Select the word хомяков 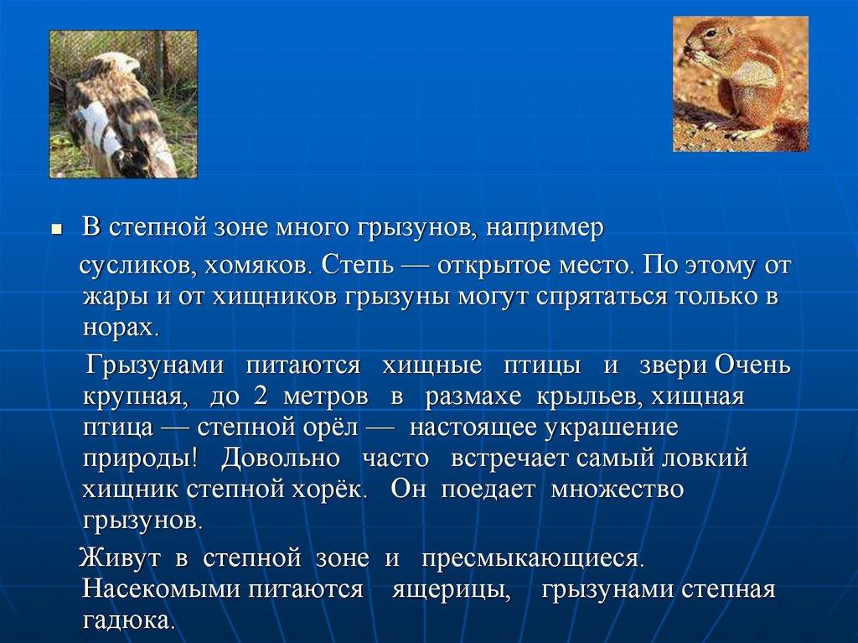pyautogui.click(x=257, y=266)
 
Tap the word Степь pyautogui.click(x=357, y=266)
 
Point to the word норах pyautogui.click(x=121, y=328)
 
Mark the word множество pyautogui.click(x=617, y=489)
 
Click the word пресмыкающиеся pyautogui.click(x=532, y=559)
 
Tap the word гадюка pyautogui.click(x=128, y=620)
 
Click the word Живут pyautogui.click(x=120, y=558)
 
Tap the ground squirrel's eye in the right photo pyautogui.click(x=711, y=33)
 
